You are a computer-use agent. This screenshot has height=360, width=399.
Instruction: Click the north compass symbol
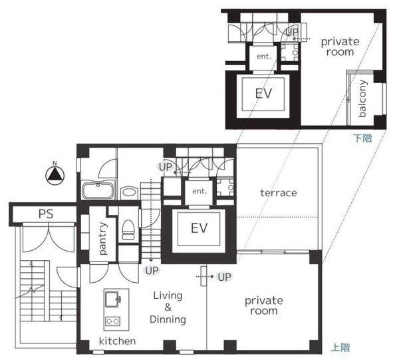tap(55, 175)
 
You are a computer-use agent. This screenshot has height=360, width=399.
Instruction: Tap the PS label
tap(46, 214)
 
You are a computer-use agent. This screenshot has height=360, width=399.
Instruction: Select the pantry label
tap(102, 238)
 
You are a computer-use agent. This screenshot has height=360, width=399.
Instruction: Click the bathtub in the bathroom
tap(98, 190)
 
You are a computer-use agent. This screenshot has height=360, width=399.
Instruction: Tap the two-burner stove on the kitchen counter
tap(113, 321)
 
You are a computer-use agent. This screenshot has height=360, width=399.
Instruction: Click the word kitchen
tap(117, 341)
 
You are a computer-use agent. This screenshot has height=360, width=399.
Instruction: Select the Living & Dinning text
tap(168, 307)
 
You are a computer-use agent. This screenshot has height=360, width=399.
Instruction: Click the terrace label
tap(279, 193)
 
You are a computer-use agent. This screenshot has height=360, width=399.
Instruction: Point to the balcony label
tap(362, 98)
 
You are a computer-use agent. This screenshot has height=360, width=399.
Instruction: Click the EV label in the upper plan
tap(263, 93)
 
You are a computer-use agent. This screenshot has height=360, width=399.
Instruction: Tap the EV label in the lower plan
tap(199, 228)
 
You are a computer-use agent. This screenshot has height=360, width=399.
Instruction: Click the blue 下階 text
tap(362, 138)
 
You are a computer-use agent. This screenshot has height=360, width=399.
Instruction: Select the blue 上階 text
tap(340, 347)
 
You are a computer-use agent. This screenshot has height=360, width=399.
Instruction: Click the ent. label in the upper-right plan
tap(263, 57)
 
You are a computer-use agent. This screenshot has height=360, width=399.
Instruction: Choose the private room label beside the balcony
tap(340, 47)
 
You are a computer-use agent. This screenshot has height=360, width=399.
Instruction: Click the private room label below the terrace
tap(264, 305)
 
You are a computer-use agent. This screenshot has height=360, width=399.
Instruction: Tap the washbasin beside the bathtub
tap(129, 193)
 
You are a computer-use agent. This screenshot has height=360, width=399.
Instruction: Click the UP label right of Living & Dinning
tap(224, 277)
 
